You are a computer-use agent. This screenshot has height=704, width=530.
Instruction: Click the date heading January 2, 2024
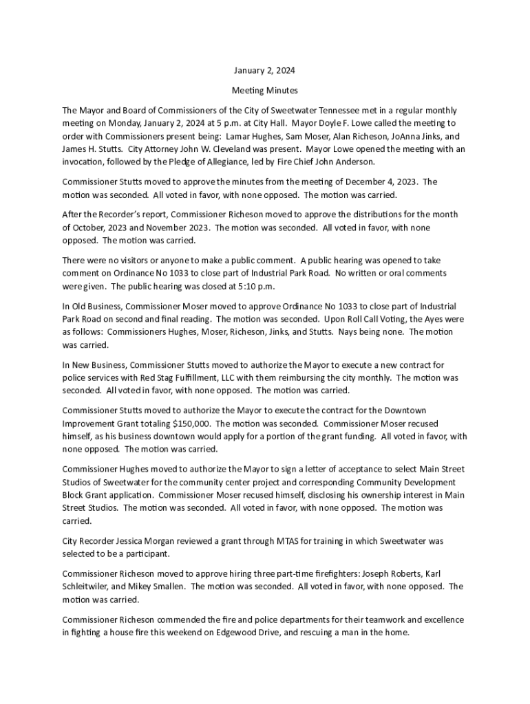pyautogui.click(x=264, y=71)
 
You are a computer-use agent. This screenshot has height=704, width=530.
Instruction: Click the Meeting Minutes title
pyautogui.click(x=264, y=91)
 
